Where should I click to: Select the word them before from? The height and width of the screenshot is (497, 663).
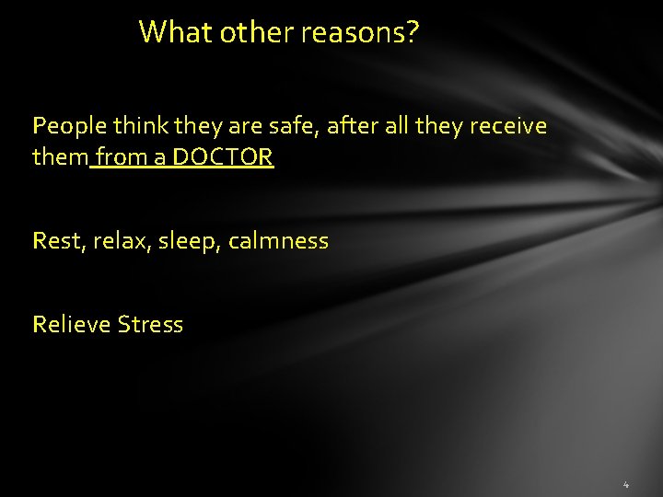coord(60,158)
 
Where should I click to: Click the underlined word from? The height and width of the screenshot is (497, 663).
coord(117,158)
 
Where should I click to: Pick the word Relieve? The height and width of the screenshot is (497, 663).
coord(71,325)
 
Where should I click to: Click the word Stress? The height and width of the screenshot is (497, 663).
coord(150,325)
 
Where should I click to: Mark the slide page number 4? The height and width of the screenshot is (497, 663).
coord(625,484)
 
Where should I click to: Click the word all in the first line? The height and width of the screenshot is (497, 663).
coord(391,126)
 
